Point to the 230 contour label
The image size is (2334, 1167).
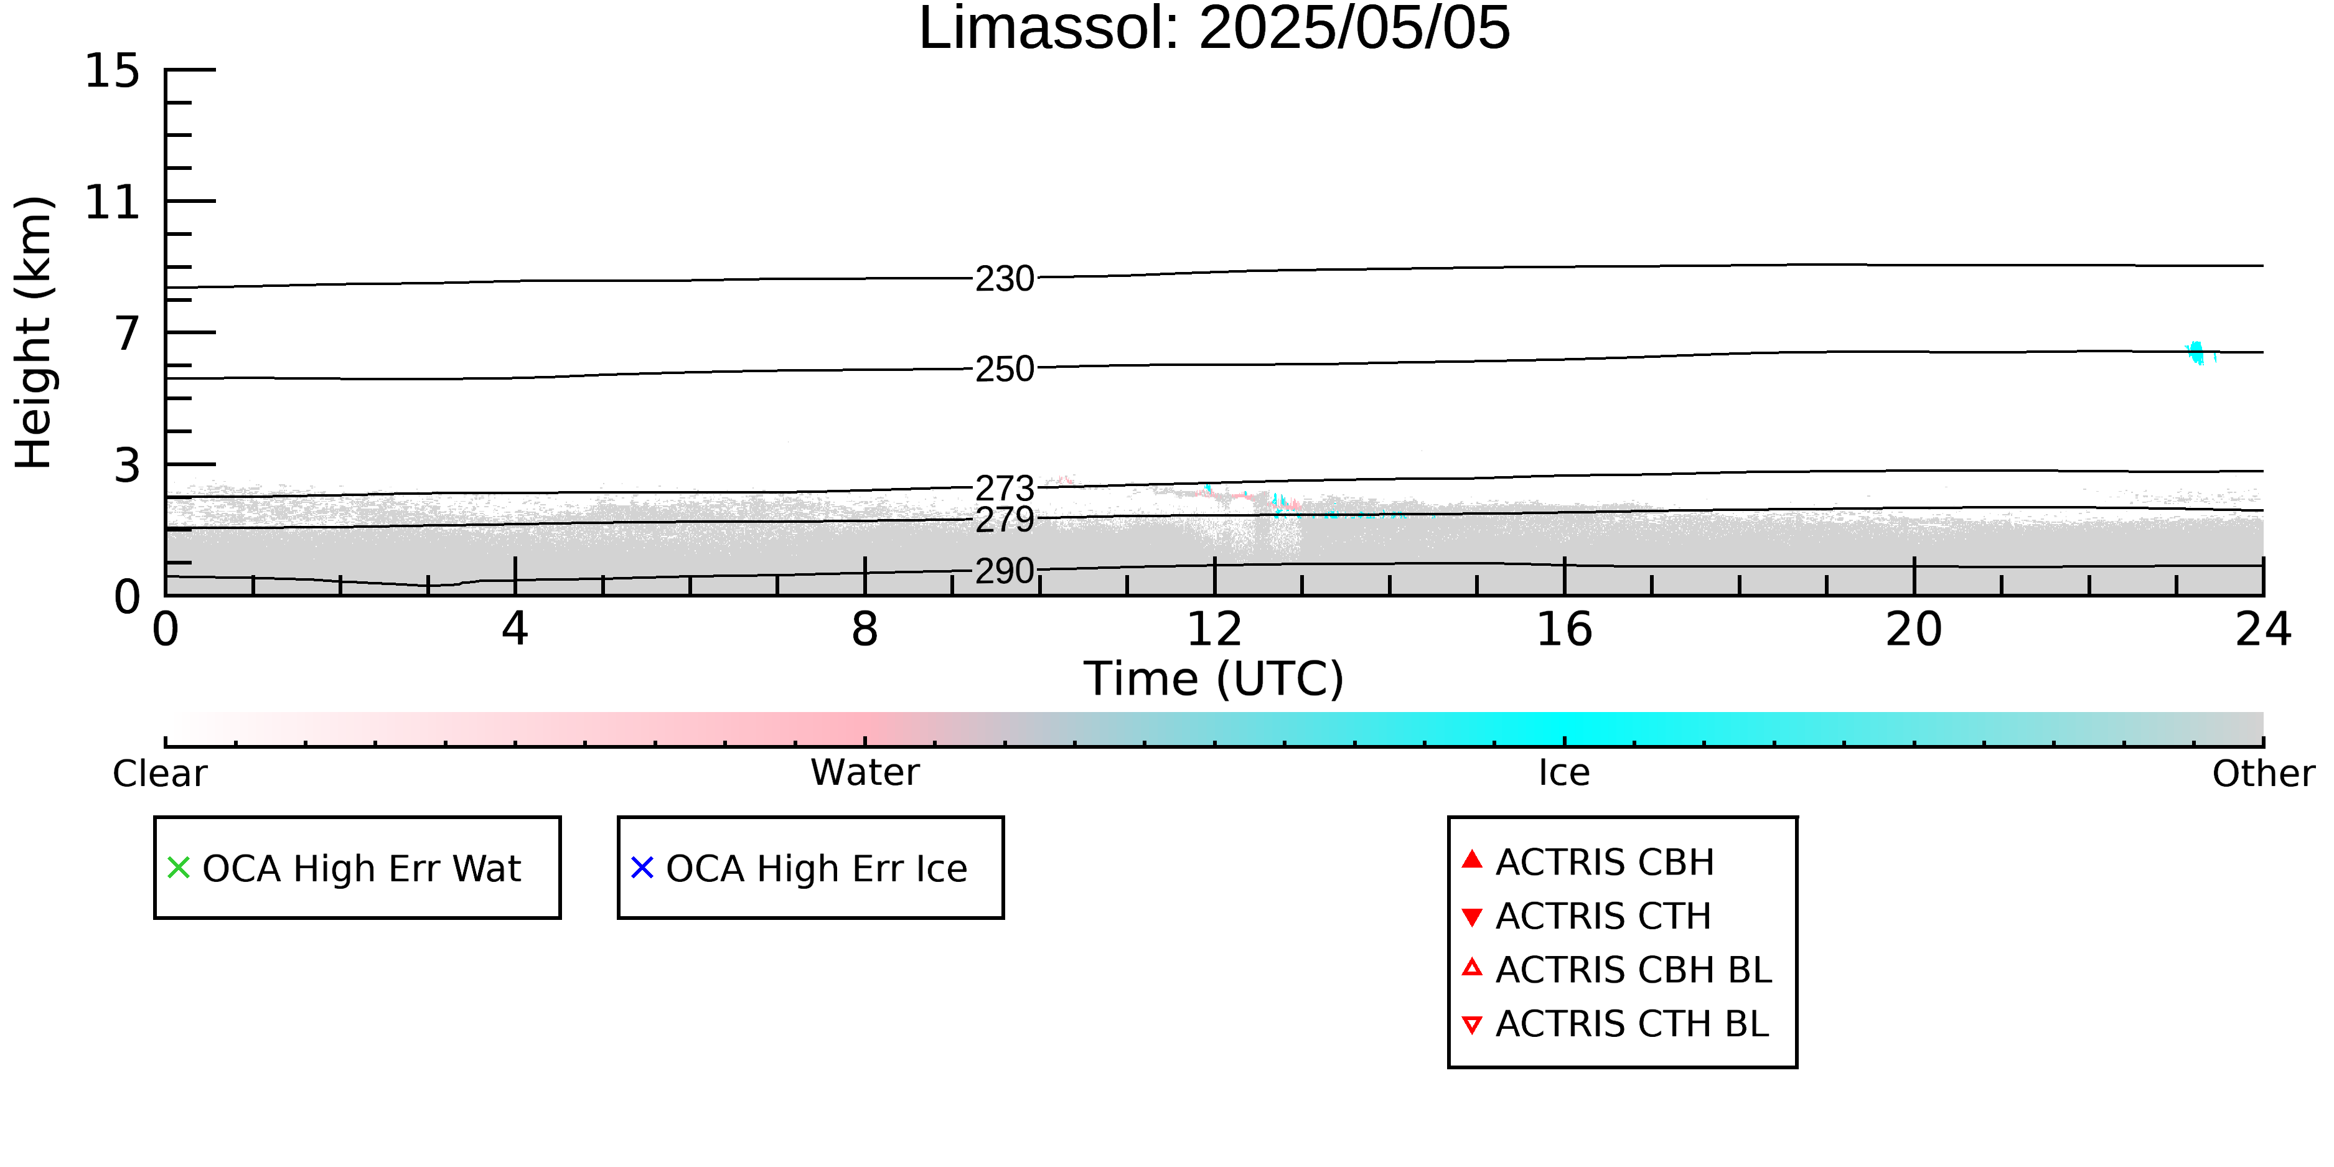click(x=1004, y=279)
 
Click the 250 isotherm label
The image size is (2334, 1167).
click(x=1004, y=368)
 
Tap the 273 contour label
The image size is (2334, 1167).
click(x=1004, y=489)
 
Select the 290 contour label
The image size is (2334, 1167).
click(x=1004, y=571)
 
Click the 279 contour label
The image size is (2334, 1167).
click(x=1004, y=520)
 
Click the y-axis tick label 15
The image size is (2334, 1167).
click(x=113, y=71)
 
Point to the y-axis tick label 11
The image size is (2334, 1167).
click(x=113, y=202)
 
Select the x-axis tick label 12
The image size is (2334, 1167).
click(x=1214, y=629)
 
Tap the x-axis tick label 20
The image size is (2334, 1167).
click(x=1914, y=629)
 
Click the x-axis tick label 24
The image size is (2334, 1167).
click(x=2263, y=629)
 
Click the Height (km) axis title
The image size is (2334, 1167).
click(x=34, y=332)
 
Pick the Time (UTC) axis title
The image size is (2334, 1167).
click(x=1214, y=678)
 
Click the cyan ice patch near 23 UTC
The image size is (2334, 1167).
click(x=2197, y=352)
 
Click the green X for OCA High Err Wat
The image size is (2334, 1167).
click(x=179, y=868)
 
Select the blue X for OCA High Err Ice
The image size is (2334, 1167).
click(x=642, y=868)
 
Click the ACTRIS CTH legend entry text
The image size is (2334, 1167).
click(x=1603, y=916)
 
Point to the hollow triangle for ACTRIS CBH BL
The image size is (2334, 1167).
click(x=1473, y=968)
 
